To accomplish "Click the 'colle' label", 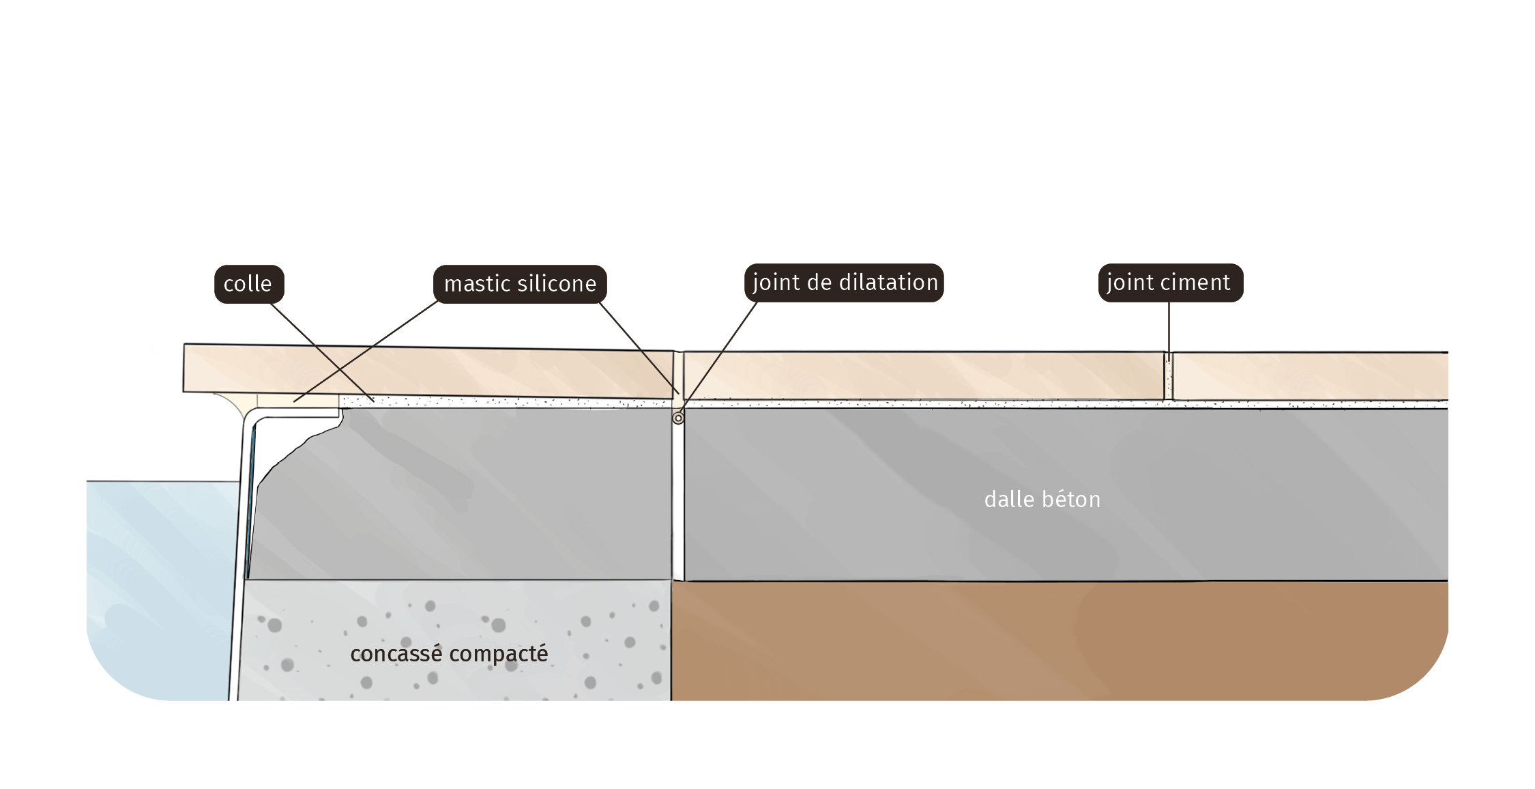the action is (x=249, y=284).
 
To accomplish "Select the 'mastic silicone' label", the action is (x=520, y=284).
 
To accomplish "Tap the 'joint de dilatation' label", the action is (x=844, y=283).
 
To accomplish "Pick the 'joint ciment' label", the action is (x=1171, y=283).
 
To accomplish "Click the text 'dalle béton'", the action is (x=1042, y=500).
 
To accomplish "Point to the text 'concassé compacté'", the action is (x=449, y=654).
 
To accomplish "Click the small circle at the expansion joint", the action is (x=678, y=418).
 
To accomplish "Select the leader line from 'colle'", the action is (x=322, y=352).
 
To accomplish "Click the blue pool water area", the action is (x=160, y=587).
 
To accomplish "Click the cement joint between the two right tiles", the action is (x=1169, y=376).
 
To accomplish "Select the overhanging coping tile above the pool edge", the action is (x=428, y=371).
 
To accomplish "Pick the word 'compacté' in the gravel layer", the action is (x=499, y=654).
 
